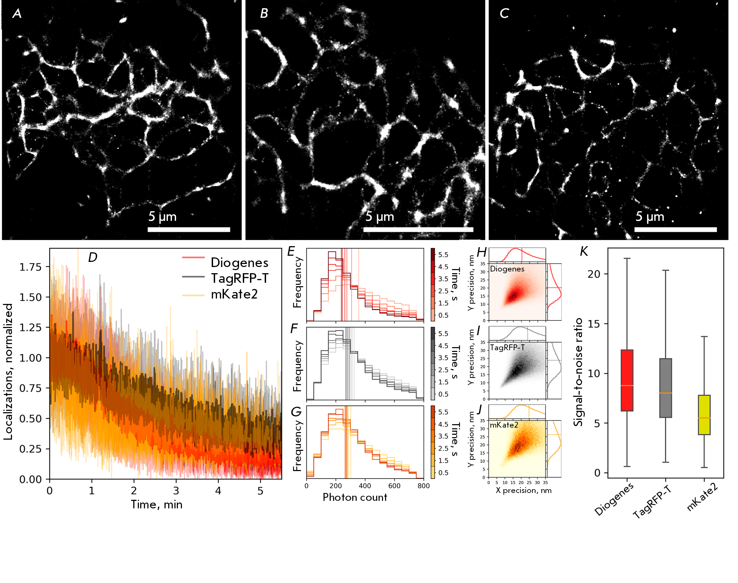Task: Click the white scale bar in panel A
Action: coord(189,229)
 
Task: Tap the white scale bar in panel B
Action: coord(418,229)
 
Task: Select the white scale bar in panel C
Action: coord(675,229)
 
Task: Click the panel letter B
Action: coord(264,13)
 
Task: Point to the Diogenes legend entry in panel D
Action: coord(239,263)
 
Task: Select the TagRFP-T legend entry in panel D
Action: coord(239,278)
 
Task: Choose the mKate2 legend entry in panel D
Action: coord(234,294)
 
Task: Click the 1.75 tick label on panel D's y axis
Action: coord(30,267)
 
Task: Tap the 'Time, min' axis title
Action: coord(157,505)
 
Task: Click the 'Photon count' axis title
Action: coord(355,497)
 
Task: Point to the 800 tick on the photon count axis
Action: coord(423,486)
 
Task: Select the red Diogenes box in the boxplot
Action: coord(627,380)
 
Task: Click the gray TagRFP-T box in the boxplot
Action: coord(665,388)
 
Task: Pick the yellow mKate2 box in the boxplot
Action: coord(704,415)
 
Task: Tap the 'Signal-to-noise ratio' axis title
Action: coord(578,372)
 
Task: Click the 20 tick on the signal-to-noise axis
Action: coord(594,274)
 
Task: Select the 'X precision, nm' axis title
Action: coord(524,491)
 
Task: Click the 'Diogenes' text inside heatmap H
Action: coord(507,269)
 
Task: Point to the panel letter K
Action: coord(583,252)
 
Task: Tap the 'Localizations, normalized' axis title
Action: coord(8,371)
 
